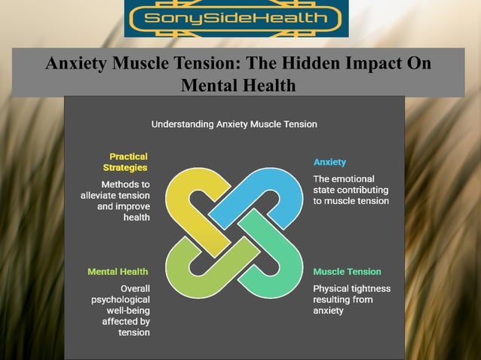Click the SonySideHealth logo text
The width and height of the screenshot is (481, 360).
[x=236, y=18]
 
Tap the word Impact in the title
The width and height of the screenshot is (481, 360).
[x=364, y=63]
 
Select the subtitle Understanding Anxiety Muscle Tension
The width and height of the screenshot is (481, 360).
[x=234, y=124]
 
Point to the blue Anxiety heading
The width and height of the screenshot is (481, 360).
[x=329, y=162]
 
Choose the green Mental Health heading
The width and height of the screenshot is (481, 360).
[x=118, y=271]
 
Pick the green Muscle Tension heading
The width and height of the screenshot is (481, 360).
[x=347, y=271]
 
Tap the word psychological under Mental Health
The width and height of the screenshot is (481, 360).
[x=121, y=299]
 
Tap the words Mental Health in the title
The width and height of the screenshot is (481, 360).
[x=239, y=86]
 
